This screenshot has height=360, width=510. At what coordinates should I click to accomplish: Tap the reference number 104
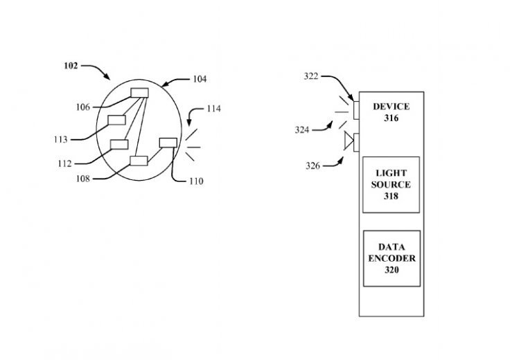point(199,80)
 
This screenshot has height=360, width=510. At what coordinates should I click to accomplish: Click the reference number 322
point(312,76)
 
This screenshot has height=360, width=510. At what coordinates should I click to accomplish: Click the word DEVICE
point(392,107)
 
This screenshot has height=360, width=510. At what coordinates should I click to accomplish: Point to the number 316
point(392,118)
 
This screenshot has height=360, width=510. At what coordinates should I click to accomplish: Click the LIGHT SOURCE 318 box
point(392,185)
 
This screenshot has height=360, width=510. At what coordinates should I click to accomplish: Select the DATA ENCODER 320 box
point(392,258)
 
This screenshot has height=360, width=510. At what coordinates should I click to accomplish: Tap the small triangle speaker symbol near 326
point(349,143)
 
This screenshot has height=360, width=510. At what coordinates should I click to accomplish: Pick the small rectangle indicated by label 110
point(168,143)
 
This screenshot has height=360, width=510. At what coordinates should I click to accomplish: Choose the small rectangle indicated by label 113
point(116,120)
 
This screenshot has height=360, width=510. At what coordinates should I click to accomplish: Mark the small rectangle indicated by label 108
point(139,161)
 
